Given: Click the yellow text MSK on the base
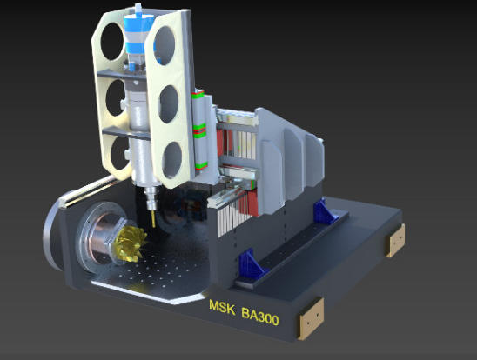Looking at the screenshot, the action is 222,308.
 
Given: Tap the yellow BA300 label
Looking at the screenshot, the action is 260,316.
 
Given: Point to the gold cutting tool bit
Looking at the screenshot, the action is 153,219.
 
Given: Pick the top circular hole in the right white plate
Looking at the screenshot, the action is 165,45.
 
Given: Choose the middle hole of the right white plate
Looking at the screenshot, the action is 169,104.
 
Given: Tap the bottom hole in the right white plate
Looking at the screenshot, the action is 171,159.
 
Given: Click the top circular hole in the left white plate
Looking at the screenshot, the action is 111,41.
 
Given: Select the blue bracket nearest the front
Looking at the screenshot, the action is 251,263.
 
